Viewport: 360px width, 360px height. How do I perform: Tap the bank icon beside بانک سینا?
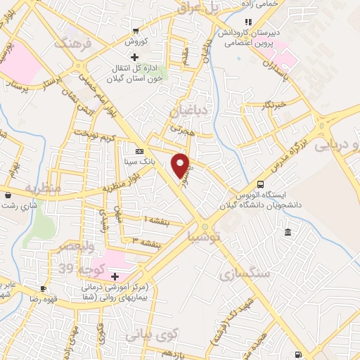(x=139, y=150)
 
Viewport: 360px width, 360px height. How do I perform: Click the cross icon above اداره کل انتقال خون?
(x=134, y=56)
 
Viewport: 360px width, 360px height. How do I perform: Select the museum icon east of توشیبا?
(x=288, y=233)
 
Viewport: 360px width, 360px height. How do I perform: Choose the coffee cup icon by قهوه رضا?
(x=44, y=288)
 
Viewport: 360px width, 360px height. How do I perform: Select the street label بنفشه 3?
(x=146, y=242)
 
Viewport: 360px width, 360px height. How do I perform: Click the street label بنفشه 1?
(x=157, y=220)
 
